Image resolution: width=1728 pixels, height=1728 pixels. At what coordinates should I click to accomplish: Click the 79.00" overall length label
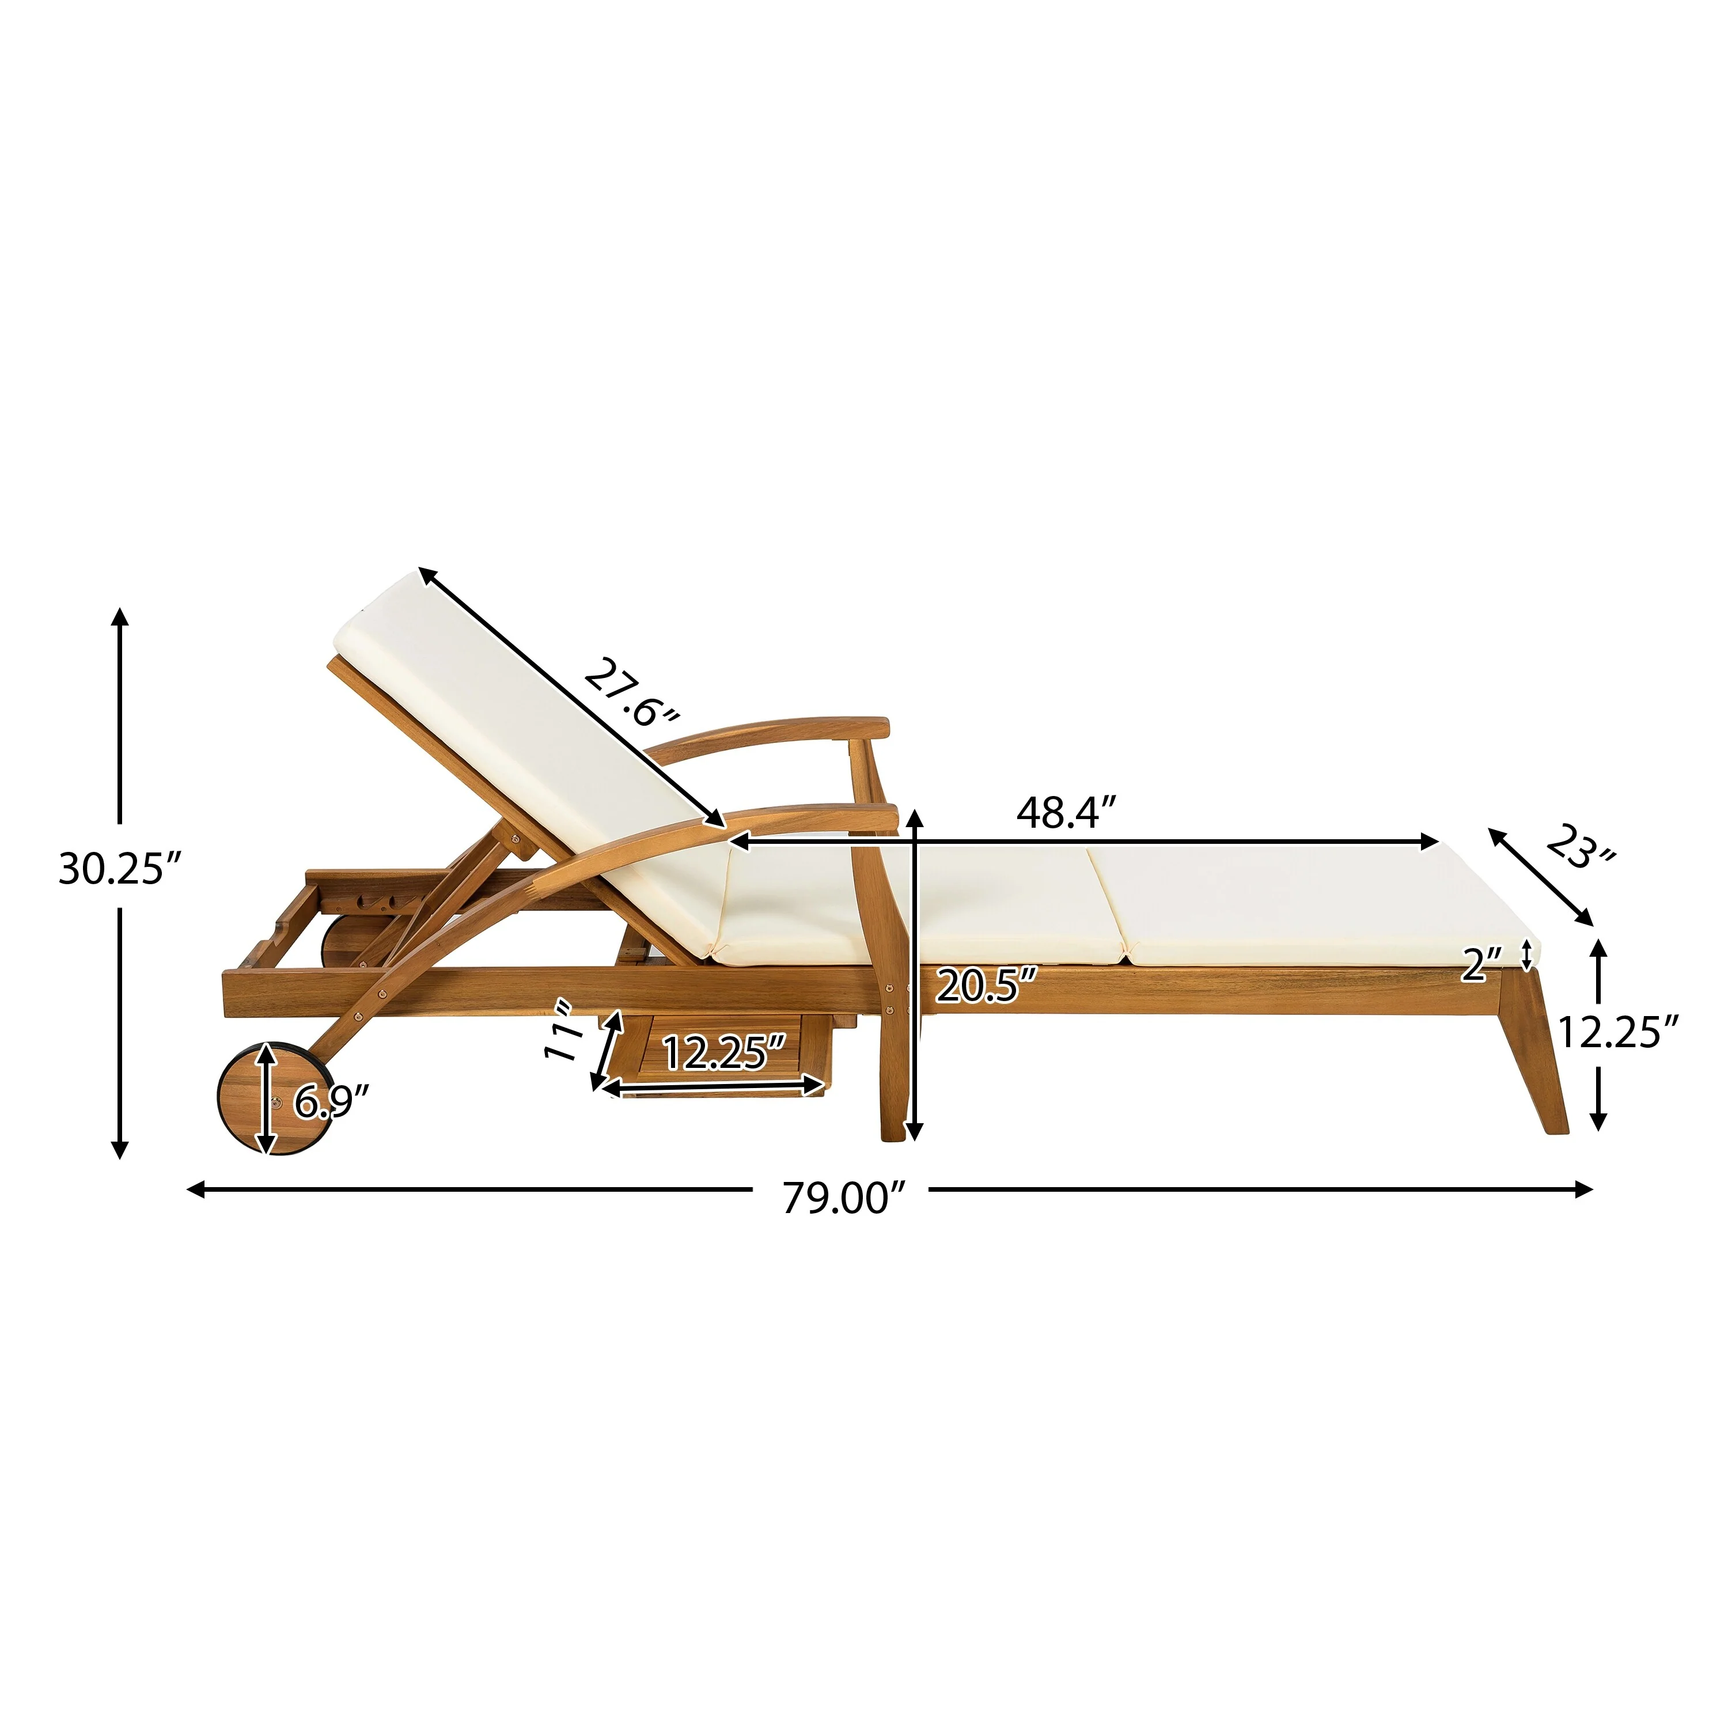(844, 1199)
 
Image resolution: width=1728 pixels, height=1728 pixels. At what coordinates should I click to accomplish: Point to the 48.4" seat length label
(1067, 813)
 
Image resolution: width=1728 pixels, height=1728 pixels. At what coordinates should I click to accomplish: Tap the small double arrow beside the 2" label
(1527, 954)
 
